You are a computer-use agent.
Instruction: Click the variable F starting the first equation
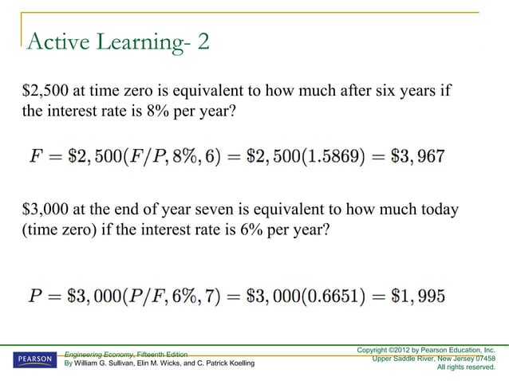pos(36,156)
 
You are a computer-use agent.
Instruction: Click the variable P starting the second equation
pos(35,297)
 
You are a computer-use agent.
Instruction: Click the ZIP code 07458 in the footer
pos(481,358)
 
